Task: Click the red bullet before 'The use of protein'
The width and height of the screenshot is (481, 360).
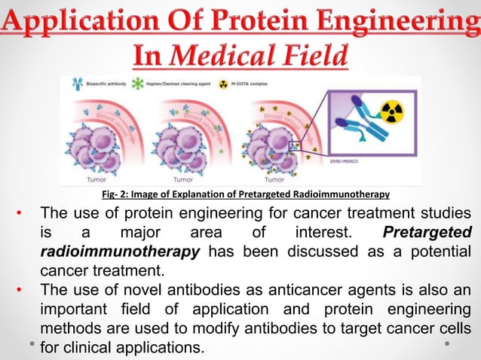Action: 23,213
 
